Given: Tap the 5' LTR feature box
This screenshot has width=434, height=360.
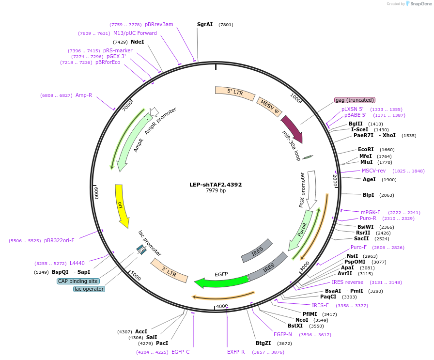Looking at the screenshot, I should coord(235,93).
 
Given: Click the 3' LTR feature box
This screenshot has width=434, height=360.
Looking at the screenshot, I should coord(169,270).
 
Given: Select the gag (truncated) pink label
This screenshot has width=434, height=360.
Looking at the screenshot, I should coord(355,100).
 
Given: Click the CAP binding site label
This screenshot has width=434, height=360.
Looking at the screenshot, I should coord(78,281).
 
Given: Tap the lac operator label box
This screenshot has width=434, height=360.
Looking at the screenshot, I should coord(89,289).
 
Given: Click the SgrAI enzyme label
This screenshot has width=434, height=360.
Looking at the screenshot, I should coord(205,24).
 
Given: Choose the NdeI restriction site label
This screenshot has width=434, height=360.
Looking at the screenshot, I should coord(138,42).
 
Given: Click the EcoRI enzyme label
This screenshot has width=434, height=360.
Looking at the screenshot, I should coord(366,150).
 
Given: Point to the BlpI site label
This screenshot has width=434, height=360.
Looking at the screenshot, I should coord(368,195).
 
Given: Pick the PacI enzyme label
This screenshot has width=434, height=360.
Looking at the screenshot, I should coord(162,343).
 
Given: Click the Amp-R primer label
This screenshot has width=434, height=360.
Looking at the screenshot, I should coord(84,95).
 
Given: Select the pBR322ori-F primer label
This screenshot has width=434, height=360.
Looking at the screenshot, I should coord(59,240).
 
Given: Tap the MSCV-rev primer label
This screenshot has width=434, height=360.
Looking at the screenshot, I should coord(373,171).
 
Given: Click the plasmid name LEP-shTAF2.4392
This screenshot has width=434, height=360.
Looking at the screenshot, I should coord(216,185).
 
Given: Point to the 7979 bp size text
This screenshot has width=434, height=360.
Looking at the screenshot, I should coord(216,191).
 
